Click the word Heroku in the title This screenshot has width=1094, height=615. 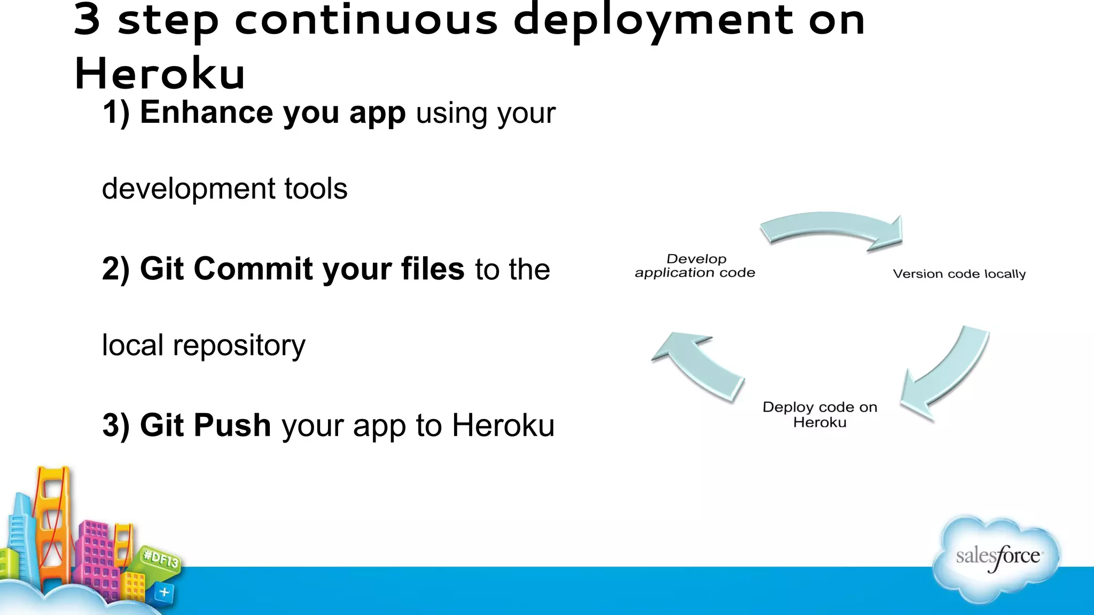159,74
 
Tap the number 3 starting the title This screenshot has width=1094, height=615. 87,20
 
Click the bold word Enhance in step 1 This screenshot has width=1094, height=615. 206,113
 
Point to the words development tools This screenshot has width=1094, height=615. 224,189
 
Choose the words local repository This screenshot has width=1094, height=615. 204,345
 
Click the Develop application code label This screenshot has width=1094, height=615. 695,266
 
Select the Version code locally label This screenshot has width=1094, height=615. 959,274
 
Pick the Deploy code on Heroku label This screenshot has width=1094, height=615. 819,414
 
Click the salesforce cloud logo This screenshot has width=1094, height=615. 997,558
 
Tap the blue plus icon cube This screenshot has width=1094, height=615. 164,592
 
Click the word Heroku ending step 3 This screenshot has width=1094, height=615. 503,425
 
